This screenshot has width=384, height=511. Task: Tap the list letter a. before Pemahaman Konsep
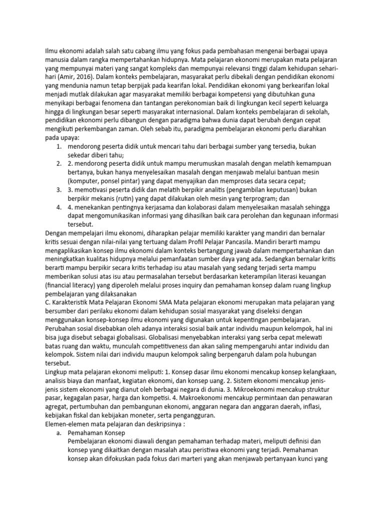pos(59,433)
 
